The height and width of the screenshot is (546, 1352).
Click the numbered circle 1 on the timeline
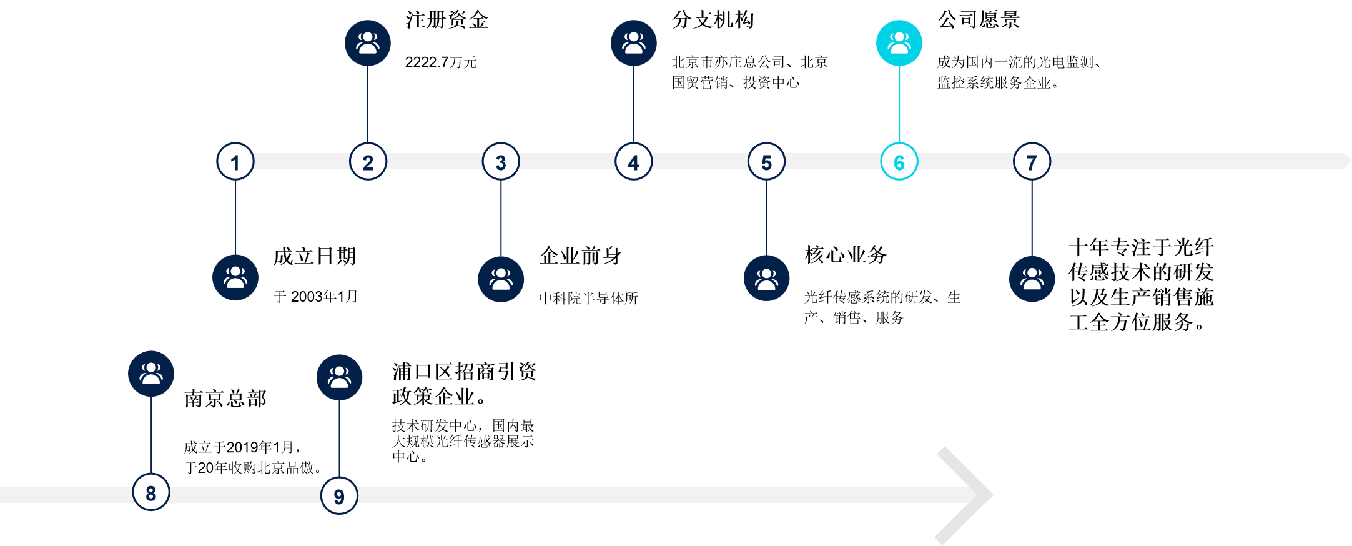[235, 162]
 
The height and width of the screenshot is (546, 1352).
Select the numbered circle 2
[368, 162]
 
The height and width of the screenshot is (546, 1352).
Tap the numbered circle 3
[501, 162]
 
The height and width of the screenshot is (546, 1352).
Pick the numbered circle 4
[634, 162]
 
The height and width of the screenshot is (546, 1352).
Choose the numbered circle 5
[766, 162]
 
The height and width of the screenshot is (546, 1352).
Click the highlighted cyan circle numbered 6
[899, 162]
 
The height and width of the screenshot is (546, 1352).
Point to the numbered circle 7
[1032, 162]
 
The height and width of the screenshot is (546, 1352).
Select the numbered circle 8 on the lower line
[151, 492]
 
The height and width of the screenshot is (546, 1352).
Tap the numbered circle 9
[339, 496]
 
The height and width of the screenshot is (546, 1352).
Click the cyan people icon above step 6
[899, 43]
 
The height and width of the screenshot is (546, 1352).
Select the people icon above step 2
[368, 43]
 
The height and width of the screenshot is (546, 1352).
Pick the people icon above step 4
[634, 43]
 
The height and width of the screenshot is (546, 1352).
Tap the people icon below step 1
[235, 278]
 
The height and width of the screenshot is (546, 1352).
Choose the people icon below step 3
[501, 279]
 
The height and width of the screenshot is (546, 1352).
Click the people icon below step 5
[766, 279]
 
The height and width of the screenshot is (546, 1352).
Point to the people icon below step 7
[1032, 279]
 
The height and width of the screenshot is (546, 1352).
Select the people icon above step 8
[151, 374]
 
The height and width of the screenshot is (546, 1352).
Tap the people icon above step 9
[339, 377]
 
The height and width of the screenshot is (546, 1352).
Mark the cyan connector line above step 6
[899, 104]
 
